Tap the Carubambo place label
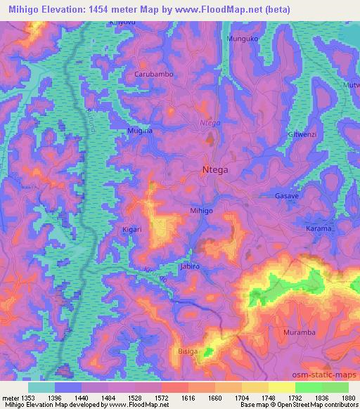coord(153,74)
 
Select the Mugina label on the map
coord(139,131)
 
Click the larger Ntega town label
coord(215,169)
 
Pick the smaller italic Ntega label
coord(210,122)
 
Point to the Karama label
coord(319,229)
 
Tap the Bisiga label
coord(188,349)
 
